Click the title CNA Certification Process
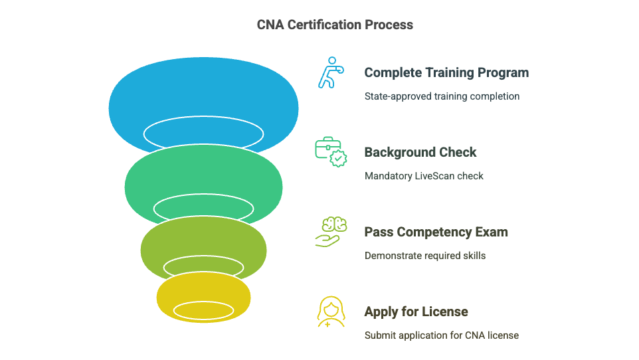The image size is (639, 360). click(x=335, y=25)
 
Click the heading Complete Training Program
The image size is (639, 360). click(x=446, y=72)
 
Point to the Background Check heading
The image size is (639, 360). click(x=420, y=152)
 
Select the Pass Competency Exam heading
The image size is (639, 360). click(x=436, y=232)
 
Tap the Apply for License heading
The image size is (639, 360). click(x=416, y=312)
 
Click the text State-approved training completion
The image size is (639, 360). click(x=442, y=96)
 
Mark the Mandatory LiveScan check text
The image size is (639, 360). click(x=424, y=176)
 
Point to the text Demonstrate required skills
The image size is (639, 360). click(x=424, y=256)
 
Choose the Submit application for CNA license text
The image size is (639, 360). click(x=441, y=335)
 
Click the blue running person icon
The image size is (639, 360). click(x=328, y=72)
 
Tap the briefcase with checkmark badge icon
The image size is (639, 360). click(x=330, y=152)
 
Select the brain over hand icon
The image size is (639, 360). click(x=330, y=232)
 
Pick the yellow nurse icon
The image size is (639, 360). click(x=330, y=312)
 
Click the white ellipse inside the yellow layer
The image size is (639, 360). click(x=204, y=310)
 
